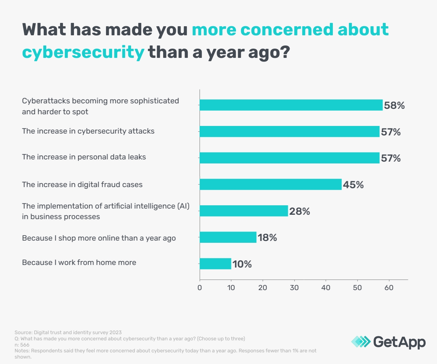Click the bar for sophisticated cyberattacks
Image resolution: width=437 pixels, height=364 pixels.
(291, 105)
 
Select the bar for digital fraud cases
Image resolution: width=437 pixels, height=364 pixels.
(271, 184)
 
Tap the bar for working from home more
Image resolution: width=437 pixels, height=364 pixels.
(215, 264)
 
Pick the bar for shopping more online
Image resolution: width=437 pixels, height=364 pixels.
(228, 237)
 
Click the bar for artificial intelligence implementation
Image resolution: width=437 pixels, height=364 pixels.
(244, 211)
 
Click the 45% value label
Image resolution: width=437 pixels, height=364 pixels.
(353, 185)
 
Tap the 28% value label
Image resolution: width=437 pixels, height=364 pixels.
(299, 211)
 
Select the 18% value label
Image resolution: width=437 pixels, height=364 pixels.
(268, 238)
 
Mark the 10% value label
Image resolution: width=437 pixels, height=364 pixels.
(242, 264)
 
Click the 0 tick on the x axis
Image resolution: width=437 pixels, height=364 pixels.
(200, 288)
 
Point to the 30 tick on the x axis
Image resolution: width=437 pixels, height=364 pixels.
(294, 288)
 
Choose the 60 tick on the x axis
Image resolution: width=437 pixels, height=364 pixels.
(389, 288)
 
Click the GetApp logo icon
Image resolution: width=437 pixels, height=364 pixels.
(361, 341)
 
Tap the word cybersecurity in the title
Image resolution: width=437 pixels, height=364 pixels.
(83, 52)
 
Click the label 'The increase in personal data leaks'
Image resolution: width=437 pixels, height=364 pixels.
(84, 157)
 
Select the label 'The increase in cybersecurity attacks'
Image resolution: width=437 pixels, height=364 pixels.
(88, 131)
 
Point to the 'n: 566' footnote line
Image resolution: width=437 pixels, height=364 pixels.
(22, 345)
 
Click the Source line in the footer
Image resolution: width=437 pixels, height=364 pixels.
(68, 332)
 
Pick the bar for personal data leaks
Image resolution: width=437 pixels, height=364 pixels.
(290, 158)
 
